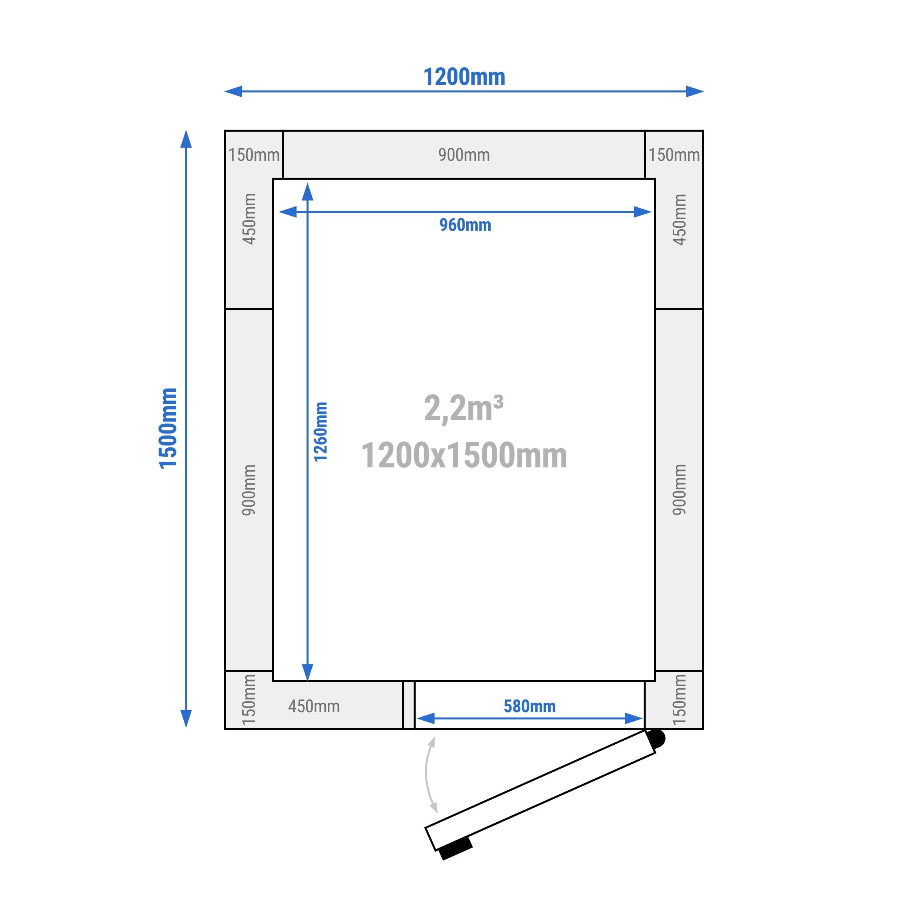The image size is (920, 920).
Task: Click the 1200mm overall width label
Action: (x=464, y=77)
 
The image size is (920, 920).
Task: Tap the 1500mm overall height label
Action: (x=168, y=428)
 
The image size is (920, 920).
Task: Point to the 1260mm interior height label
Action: (x=321, y=431)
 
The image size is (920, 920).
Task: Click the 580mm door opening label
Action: (x=529, y=706)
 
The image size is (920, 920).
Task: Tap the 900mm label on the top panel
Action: (x=464, y=155)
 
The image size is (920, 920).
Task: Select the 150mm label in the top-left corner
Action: (x=254, y=155)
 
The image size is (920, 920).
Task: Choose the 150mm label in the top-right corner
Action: (x=674, y=155)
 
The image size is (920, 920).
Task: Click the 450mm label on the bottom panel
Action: (x=314, y=706)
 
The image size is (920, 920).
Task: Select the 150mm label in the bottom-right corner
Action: (x=679, y=700)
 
